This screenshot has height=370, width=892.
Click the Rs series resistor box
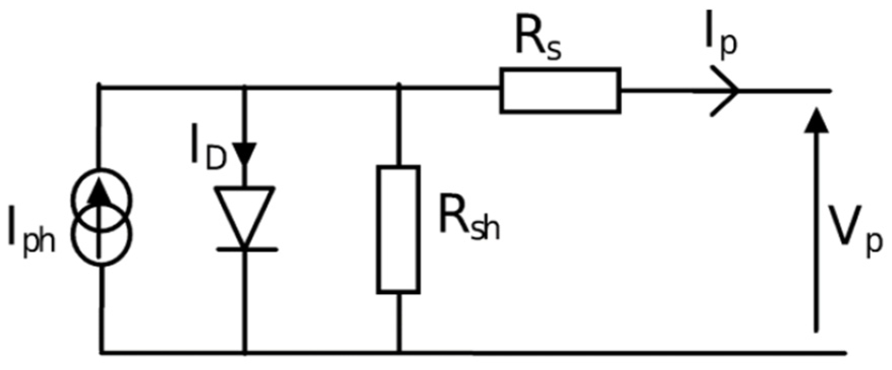(x=560, y=90)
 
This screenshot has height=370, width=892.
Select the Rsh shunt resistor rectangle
(x=398, y=230)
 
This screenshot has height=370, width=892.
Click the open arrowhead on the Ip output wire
(x=726, y=90)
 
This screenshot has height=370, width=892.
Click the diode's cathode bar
(x=247, y=249)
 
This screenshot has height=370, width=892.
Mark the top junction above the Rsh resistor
(x=398, y=88)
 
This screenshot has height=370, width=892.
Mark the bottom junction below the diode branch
(x=246, y=352)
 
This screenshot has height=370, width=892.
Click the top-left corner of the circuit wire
(x=101, y=88)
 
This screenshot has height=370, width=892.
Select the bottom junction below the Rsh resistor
(x=398, y=352)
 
